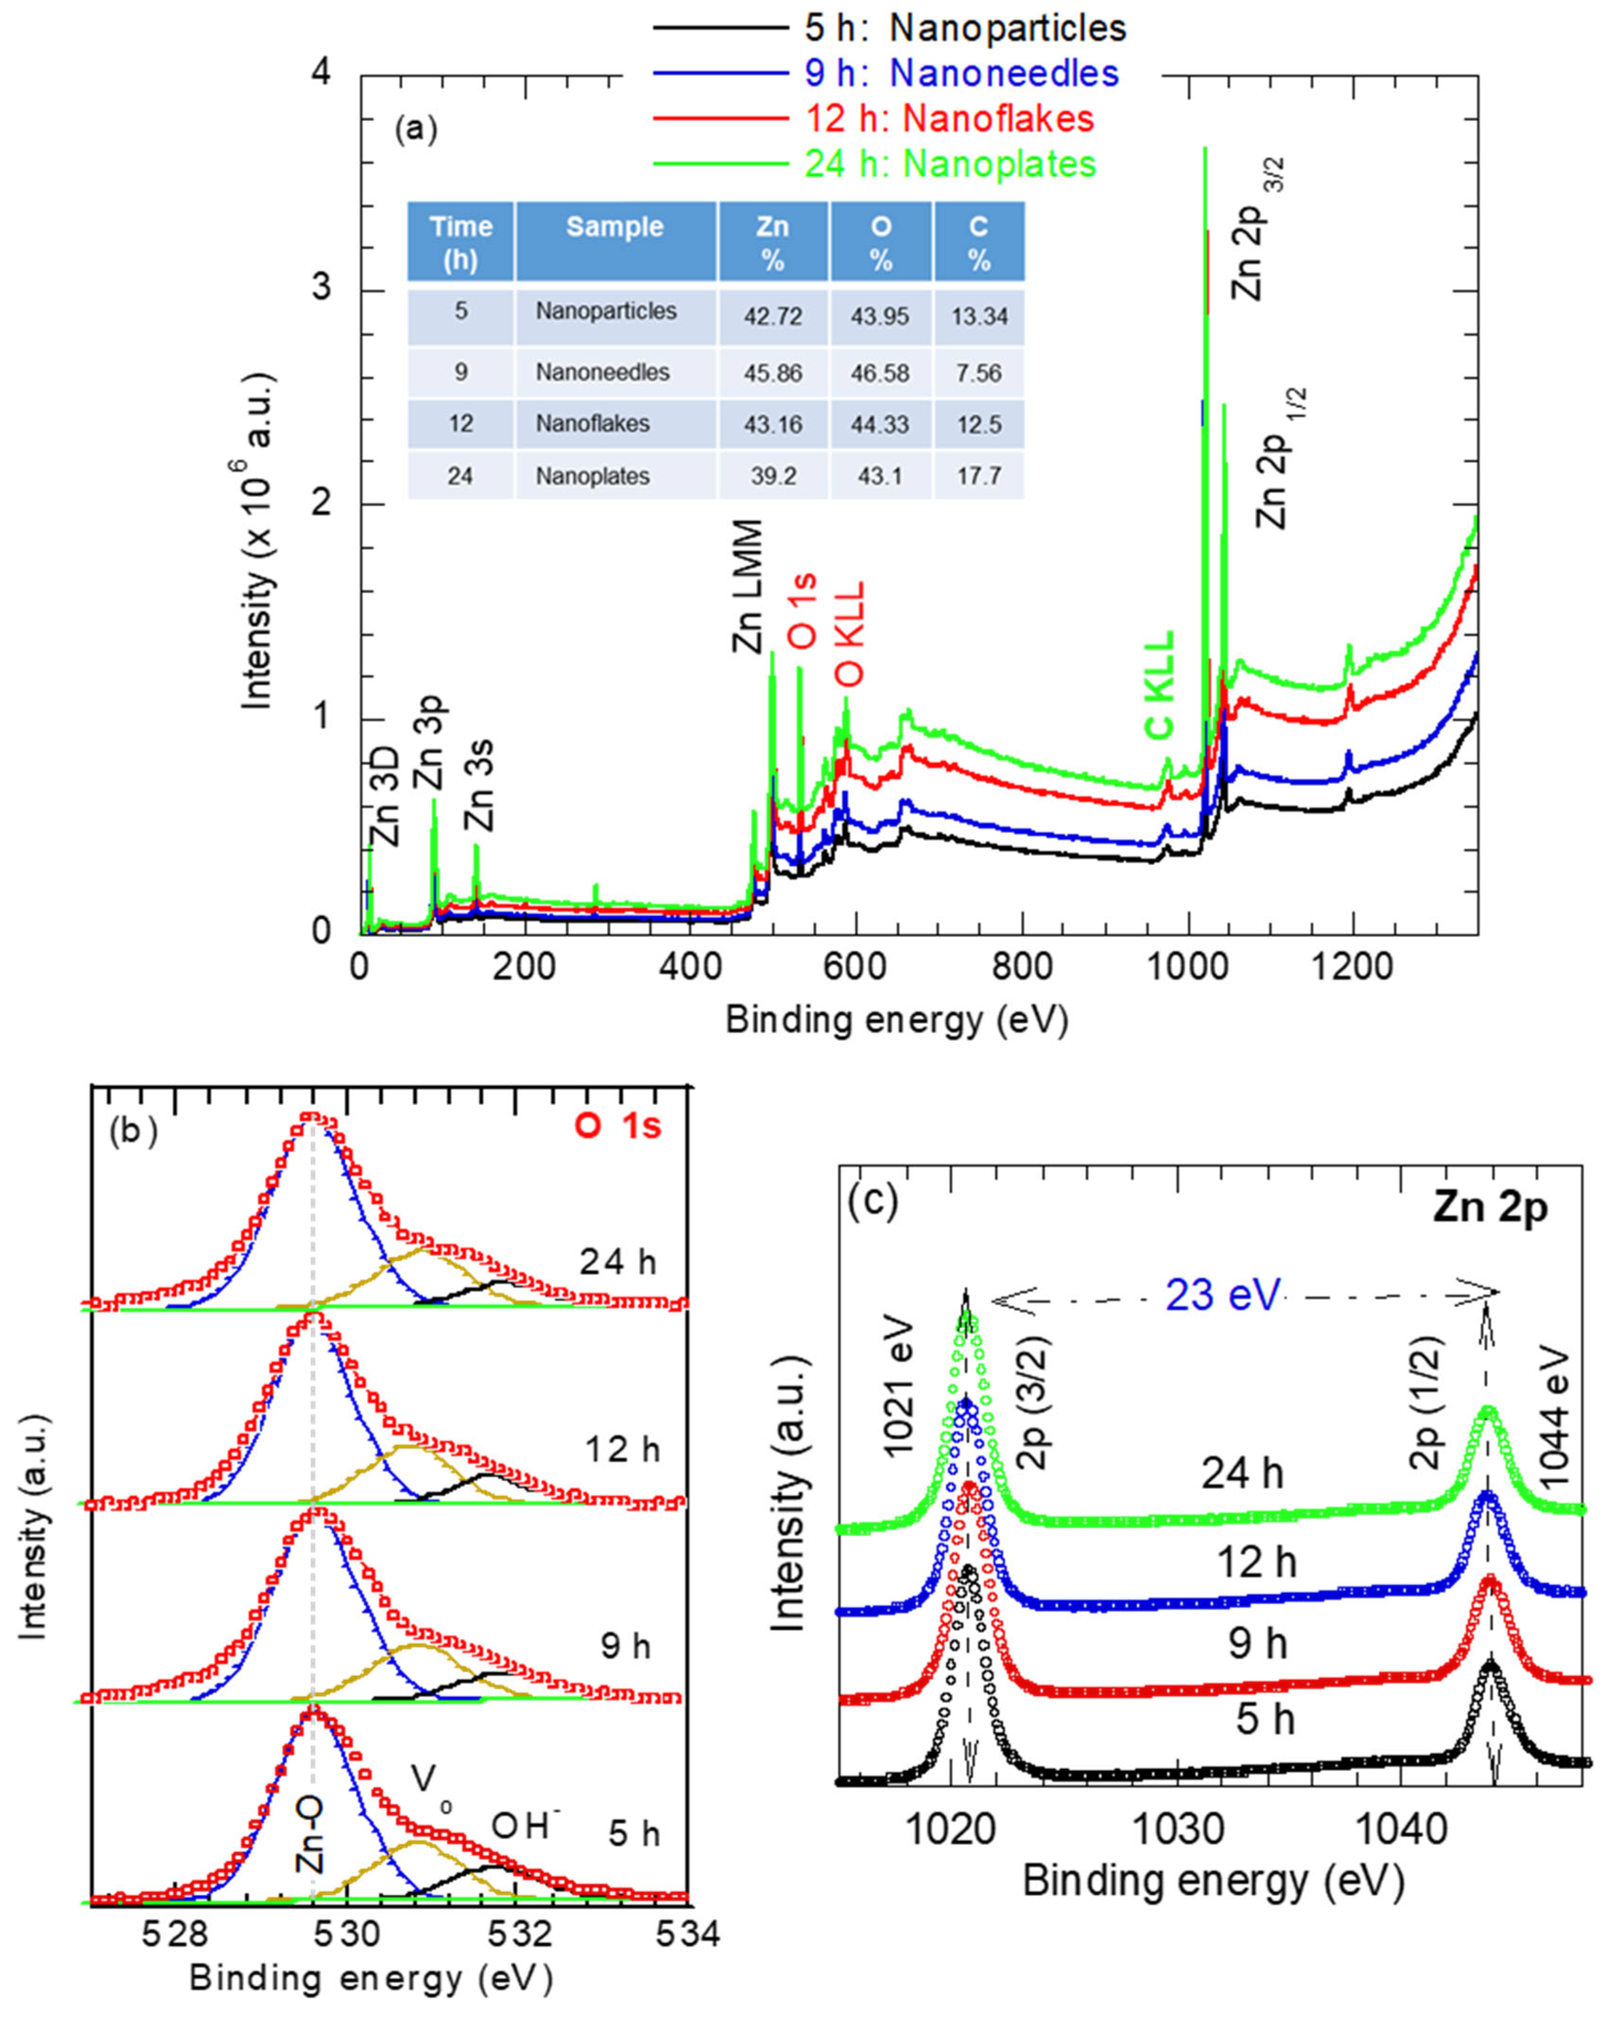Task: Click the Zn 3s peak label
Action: tap(480, 785)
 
